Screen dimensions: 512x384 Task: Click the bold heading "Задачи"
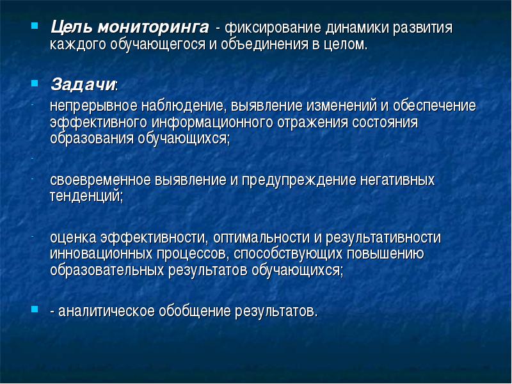83,84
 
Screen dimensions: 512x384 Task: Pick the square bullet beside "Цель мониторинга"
35,26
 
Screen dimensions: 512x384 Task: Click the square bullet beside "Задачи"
35,83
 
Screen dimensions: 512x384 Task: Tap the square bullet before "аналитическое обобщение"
35,309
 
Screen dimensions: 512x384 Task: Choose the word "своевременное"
100,180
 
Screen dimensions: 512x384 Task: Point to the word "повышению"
385,254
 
